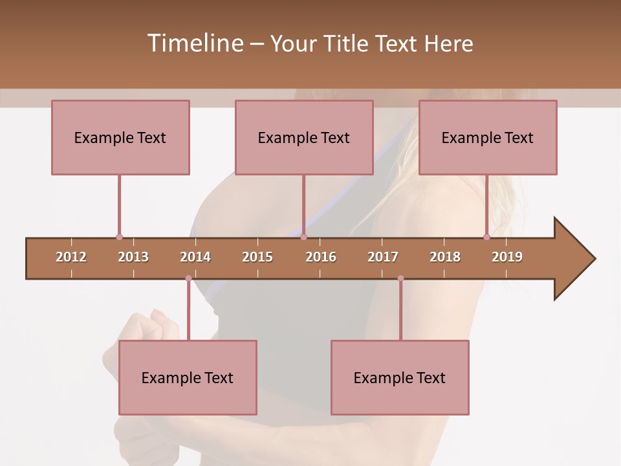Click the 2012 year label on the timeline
71,257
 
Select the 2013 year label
133,257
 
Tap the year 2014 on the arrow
195,257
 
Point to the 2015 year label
257,257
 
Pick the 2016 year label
321,257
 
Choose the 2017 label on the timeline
383,257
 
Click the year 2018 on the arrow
445,257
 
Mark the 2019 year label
507,257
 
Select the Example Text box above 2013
120,137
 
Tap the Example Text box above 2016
304,137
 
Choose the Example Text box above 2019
488,137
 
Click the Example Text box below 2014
188,377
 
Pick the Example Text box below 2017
400,377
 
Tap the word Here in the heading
448,43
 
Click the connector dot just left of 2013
119,238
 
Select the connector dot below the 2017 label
400,278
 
